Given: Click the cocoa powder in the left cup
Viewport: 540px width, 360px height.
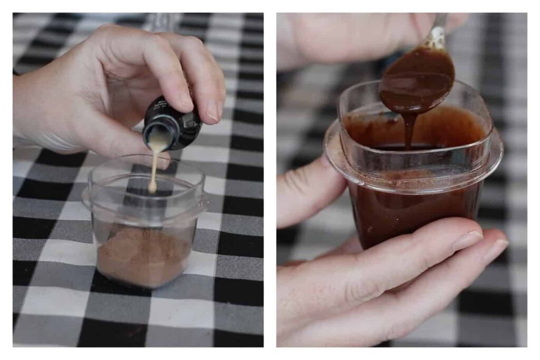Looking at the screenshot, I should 142,258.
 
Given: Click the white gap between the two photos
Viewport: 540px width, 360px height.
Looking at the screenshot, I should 269,179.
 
